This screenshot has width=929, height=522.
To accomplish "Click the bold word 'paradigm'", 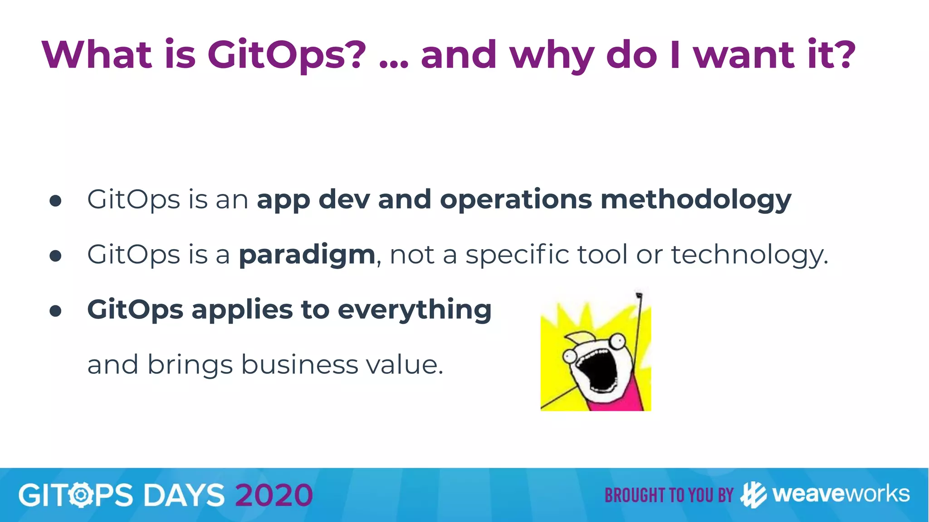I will (307, 255).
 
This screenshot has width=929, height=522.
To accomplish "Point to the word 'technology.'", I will (749, 255).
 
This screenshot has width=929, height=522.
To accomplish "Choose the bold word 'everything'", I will (415, 310).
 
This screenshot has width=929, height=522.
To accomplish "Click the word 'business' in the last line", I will (299, 365).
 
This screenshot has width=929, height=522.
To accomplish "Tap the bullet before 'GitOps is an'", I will (55, 201).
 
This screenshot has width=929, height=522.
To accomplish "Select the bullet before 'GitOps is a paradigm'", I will (55, 256).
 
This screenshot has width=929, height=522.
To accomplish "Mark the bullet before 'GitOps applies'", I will (55, 311).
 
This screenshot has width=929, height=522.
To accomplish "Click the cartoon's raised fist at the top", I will (639, 295).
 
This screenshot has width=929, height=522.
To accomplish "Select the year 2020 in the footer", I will (274, 495).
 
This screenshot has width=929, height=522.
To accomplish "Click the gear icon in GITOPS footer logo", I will (82, 495).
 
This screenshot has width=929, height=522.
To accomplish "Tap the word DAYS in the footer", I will (184, 495).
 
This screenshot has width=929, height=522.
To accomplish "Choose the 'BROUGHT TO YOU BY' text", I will (669, 495).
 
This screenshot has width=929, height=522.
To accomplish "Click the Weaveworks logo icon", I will (753, 495).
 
